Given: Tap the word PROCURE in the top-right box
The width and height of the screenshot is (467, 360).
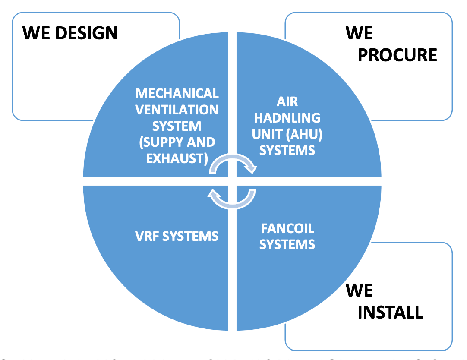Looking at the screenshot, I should (x=398, y=55).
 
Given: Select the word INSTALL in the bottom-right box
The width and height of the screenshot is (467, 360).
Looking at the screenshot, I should (x=390, y=312).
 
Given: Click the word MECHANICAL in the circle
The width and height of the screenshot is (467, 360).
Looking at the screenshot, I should (x=177, y=93).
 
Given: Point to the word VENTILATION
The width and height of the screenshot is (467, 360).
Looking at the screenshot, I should (x=177, y=110).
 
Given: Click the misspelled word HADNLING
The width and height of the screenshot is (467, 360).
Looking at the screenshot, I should (x=287, y=117).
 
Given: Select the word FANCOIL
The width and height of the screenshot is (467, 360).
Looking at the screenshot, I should (x=287, y=228).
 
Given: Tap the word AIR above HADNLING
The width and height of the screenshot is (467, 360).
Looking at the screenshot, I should (x=287, y=101).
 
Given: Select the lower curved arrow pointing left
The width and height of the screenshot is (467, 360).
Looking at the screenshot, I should (x=232, y=199).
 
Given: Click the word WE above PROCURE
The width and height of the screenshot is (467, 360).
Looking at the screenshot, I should (x=359, y=33).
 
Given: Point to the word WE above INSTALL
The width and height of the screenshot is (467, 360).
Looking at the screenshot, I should (x=359, y=291).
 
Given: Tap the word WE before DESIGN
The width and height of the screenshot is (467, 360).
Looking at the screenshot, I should (x=36, y=33).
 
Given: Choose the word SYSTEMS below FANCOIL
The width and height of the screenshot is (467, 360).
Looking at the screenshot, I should (x=287, y=244).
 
